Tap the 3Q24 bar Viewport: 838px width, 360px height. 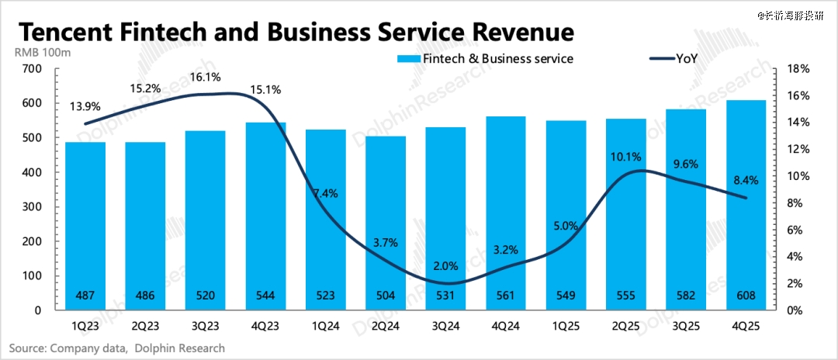tap(446, 209)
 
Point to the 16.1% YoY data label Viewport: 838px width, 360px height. tap(206, 78)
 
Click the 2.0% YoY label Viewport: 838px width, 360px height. tap(446, 266)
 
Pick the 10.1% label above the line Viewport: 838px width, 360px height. tap(626, 157)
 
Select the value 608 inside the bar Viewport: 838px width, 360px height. tap(746, 295)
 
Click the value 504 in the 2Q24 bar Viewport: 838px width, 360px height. tap(386, 295)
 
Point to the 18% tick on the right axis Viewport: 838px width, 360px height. tap(798, 69)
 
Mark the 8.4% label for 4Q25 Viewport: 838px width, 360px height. tap(745, 181)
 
